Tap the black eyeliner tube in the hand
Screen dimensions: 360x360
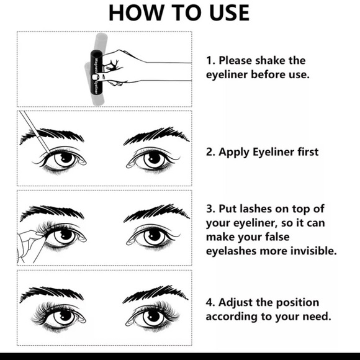click(x=96, y=72)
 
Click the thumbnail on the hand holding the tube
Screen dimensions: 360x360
click(x=95, y=77)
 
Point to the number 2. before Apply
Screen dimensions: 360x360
click(x=210, y=152)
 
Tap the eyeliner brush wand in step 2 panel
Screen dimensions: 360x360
click(x=35, y=133)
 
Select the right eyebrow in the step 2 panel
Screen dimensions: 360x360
click(x=156, y=135)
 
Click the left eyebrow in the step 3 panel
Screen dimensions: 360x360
click(x=52, y=213)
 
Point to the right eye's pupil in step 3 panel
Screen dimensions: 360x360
click(x=155, y=235)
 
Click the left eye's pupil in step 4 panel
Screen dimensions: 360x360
click(x=65, y=316)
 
